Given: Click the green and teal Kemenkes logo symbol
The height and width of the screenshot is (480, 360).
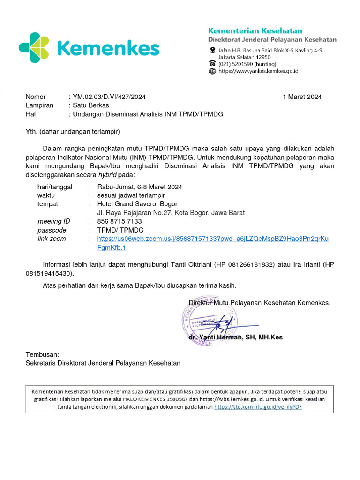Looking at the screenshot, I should (x=34, y=47).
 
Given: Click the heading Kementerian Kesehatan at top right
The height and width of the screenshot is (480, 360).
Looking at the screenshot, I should (x=255, y=31).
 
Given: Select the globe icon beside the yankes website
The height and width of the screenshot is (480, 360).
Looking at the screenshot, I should (x=212, y=71).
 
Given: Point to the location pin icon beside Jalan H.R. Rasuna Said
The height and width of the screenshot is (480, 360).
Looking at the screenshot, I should (x=212, y=50).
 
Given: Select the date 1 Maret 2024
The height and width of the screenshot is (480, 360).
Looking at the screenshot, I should (x=302, y=97).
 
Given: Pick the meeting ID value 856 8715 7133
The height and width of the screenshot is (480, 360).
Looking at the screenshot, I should (x=119, y=221).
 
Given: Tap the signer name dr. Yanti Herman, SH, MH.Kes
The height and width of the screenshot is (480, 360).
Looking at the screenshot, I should (x=235, y=337).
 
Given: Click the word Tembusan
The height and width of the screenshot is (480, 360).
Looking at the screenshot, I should (x=42, y=355).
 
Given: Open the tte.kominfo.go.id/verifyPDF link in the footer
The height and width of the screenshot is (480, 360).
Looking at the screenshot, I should (x=258, y=407).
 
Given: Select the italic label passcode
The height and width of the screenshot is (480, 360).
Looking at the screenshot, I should (x=52, y=230).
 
